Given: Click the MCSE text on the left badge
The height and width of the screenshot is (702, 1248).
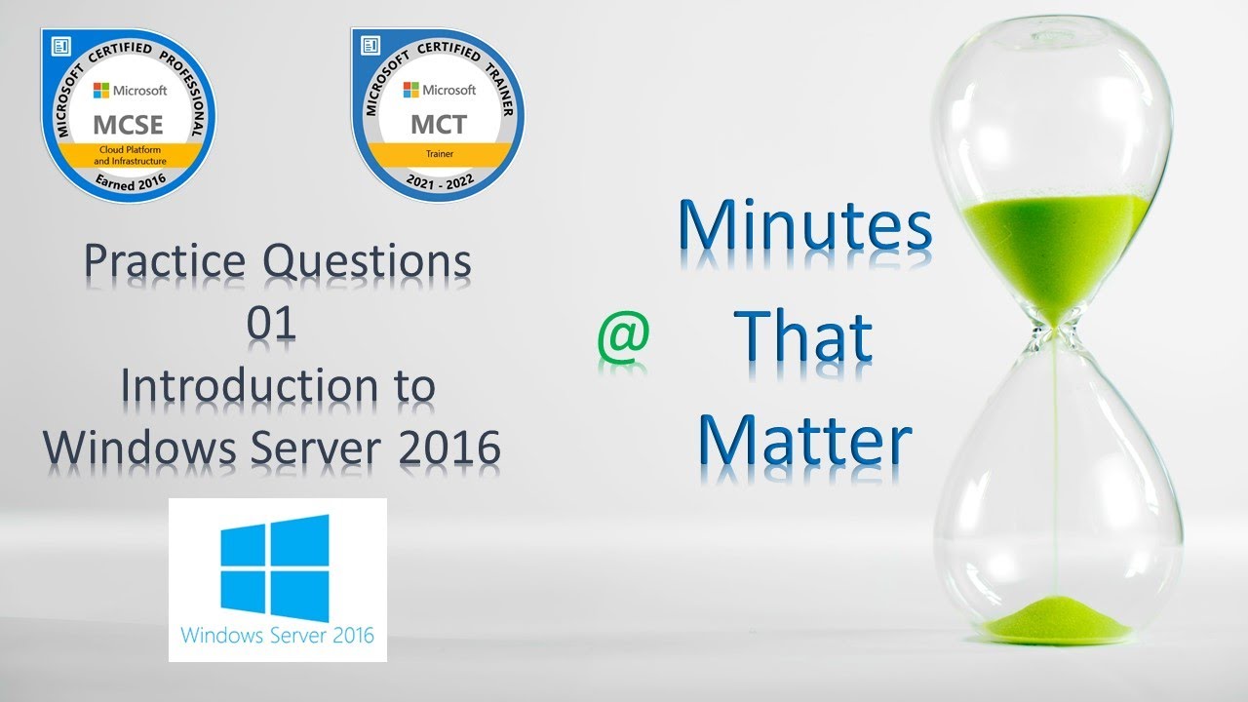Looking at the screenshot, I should coord(128,125).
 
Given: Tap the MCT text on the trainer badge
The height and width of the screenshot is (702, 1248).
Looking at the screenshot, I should coord(438,125).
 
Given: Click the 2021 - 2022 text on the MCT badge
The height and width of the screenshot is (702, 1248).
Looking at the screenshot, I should coord(438,181).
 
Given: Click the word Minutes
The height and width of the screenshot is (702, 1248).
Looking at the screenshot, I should coord(803,226).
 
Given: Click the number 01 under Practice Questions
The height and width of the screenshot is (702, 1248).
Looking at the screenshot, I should coord(271,324).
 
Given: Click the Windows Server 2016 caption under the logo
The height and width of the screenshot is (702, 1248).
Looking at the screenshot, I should coord(277,636).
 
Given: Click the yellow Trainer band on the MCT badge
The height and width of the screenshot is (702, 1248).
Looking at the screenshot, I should coord(438,154).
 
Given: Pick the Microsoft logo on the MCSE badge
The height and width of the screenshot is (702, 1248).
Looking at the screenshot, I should coord(100,90).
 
